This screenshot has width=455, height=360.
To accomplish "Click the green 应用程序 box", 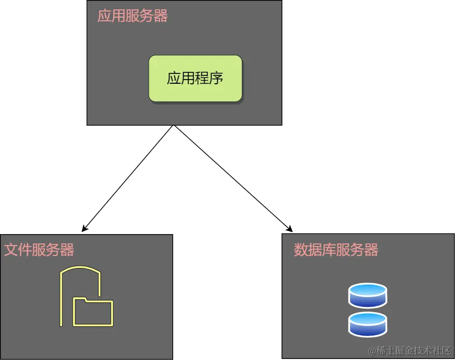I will pyautogui.click(x=196, y=79).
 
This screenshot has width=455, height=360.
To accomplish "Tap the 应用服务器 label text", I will pyautogui.click(x=133, y=16).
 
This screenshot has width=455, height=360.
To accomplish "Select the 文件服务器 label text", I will pyautogui.click(x=40, y=250).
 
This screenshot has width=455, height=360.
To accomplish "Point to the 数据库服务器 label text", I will pyautogui.click(x=336, y=250).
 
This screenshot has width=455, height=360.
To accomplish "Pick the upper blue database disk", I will pyautogui.click(x=368, y=295).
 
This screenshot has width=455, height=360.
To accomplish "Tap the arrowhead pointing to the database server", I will pyautogui.click(x=289, y=228).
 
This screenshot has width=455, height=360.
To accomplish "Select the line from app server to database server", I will pyautogui.click(x=231, y=177).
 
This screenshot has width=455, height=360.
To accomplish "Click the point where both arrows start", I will pyautogui.click(x=173, y=126).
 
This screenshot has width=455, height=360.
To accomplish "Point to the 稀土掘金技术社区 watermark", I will pyautogui.click(x=408, y=351).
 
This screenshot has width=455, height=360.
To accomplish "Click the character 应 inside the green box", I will pyautogui.click(x=174, y=79).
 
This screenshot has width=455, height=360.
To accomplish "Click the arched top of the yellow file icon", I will pyautogui.click(x=80, y=269).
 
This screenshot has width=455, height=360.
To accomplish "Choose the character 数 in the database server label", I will pyautogui.click(x=301, y=250).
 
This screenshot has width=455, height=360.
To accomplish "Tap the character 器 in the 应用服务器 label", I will pyautogui.click(x=161, y=16).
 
